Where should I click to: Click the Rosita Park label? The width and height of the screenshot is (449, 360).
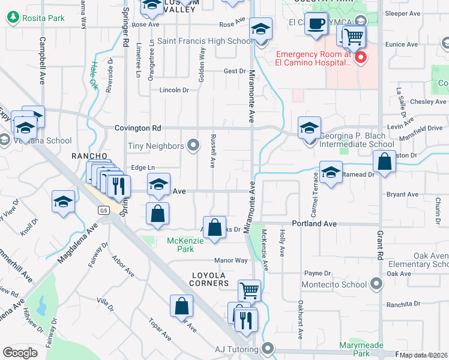pos(43,18)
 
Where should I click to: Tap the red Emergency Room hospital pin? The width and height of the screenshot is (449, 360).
pos(361,58)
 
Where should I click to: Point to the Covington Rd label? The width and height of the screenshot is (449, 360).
pos(138,128)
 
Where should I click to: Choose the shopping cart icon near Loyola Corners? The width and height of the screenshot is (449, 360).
pos(249,291)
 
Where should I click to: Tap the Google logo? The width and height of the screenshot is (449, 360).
pos(20,353)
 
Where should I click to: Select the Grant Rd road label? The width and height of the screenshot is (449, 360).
pos(380,238)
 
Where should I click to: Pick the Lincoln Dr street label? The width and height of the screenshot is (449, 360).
pos(174,90)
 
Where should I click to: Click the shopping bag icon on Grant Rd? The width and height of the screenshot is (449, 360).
pos(384,162)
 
